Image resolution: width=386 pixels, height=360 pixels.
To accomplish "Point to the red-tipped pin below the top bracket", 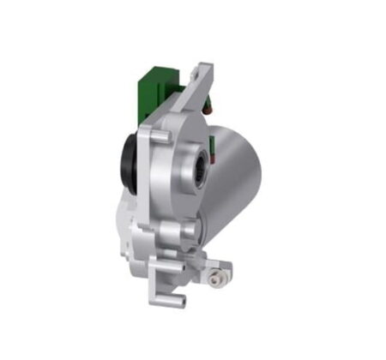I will coord(207,109).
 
